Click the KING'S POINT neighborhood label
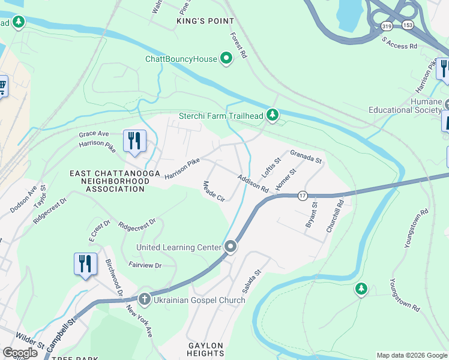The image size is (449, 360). click(205, 21)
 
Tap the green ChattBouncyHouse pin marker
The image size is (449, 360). click(226, 58)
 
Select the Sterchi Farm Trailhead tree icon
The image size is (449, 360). click(273, 114)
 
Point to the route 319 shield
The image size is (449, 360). click(387, 25)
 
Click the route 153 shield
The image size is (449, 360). click(408, 25)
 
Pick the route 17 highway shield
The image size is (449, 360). click(303, 196)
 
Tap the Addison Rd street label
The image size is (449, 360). click(253, 184)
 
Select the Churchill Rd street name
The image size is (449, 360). click(339, 212)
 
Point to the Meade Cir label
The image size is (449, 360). click(214, 191)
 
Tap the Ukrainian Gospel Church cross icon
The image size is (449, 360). click(144, 299)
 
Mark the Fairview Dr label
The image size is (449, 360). click(145, 265)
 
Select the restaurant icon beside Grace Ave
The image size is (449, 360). click(134, 140)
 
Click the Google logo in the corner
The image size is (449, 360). click(20, 353)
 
